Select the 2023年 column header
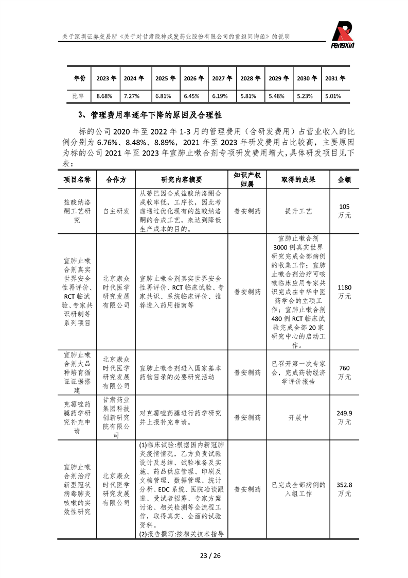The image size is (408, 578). (x=106, y=78)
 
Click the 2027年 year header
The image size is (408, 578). (x=222, y=78)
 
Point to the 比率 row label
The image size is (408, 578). (x=79, y=96)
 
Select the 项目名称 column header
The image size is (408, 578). (x=77, y=179)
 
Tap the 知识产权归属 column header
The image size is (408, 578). (x=247, y=179)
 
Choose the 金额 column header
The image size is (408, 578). (x=344, y=179)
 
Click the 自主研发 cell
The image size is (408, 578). (x=116, y=211)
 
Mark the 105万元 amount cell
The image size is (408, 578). (x=344, y=211)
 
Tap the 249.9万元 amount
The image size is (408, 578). (x=344, y=417)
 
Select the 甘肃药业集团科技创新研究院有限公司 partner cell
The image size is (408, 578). (x=116, y=417)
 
